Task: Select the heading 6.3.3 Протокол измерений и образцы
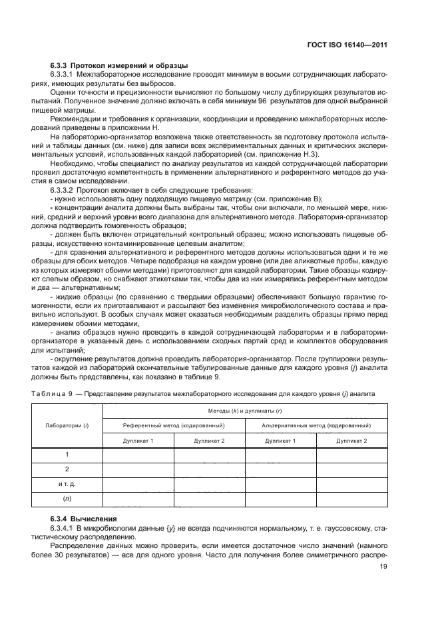click(118, 65)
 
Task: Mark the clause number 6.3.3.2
click(67, 191)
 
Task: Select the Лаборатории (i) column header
click(67, 425)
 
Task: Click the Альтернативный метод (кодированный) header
click(316, 425)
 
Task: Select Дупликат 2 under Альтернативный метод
click(351, 441)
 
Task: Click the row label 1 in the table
click(67, 455)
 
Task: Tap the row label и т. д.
click(67, 483)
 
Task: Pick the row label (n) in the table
click(67, 498)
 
